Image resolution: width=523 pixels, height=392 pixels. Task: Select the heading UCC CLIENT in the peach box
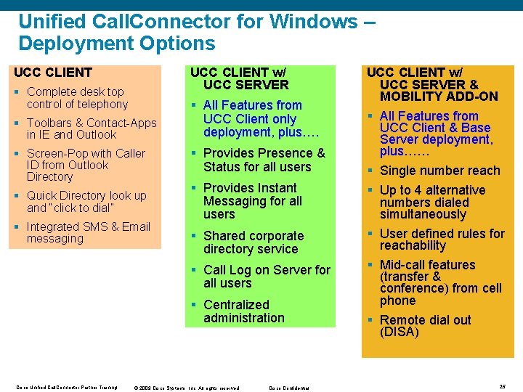click(x=53, y=72)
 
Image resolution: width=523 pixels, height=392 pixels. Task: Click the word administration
click(x=244, y=318)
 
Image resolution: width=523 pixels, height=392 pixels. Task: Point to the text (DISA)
click(x=400, y=332)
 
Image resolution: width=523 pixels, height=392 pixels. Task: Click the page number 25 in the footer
click(x=503, y=387)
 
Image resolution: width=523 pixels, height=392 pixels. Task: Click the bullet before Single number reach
click(x=370, y=171)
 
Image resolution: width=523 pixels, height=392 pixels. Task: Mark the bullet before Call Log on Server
click(x=194, y=270)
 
